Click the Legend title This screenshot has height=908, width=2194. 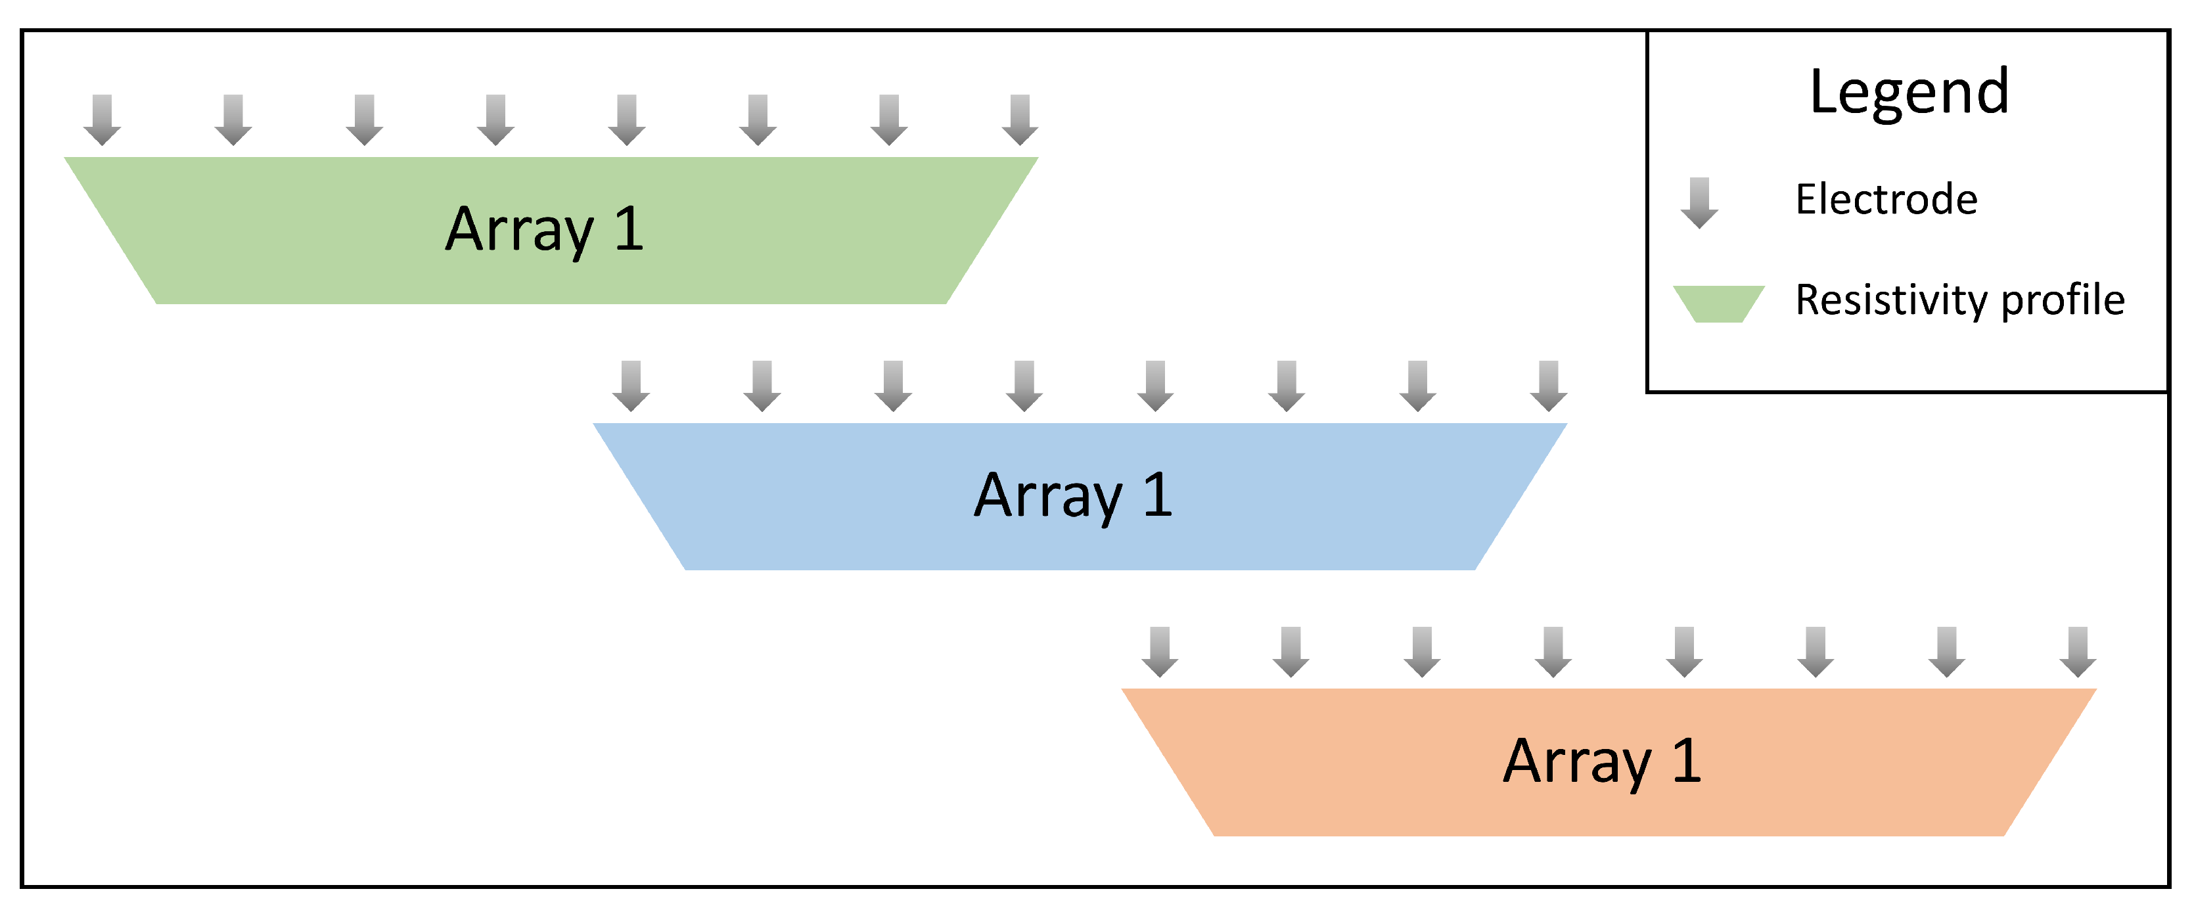1909,91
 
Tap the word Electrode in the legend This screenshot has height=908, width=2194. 1886,199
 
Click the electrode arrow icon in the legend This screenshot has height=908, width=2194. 1699,203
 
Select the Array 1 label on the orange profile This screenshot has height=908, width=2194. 1602,761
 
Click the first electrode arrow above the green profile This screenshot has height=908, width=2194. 103,120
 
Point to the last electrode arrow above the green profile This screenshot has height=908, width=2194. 1020,120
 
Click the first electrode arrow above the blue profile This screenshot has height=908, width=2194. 631,386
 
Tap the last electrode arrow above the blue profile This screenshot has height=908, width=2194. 1548,386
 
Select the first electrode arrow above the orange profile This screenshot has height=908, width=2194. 1160,652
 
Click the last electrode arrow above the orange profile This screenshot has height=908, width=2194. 2078,652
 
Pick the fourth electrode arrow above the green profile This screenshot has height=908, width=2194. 495,120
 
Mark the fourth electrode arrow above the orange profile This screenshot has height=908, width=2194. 1553,652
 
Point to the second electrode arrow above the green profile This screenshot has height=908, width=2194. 233,120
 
